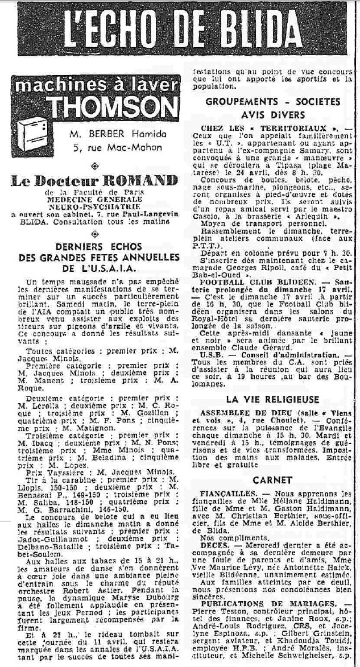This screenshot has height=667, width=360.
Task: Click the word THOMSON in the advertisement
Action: (113, 107)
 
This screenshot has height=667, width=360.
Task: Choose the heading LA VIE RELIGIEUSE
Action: (272, 400)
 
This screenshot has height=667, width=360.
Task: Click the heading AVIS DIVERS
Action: (272, 113)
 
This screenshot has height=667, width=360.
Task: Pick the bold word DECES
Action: (214, 544)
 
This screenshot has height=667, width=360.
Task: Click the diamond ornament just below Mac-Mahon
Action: (94, 164)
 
